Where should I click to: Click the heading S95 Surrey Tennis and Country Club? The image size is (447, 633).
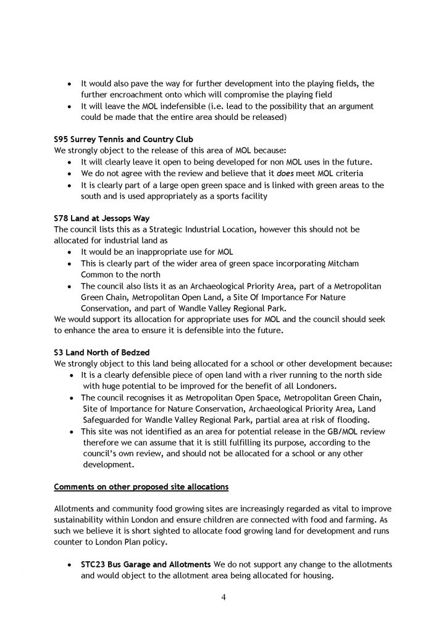(x=115, y=139)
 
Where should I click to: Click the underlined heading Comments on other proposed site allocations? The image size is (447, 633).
(x=141, y=486)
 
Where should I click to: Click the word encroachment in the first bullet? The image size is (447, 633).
(x=144, y=94)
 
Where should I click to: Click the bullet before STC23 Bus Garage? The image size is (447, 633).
(x=70, y=566)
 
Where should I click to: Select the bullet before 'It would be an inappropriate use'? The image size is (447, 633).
(x=70, y=252)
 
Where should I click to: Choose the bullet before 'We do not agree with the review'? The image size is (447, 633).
(x=70, y=173)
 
